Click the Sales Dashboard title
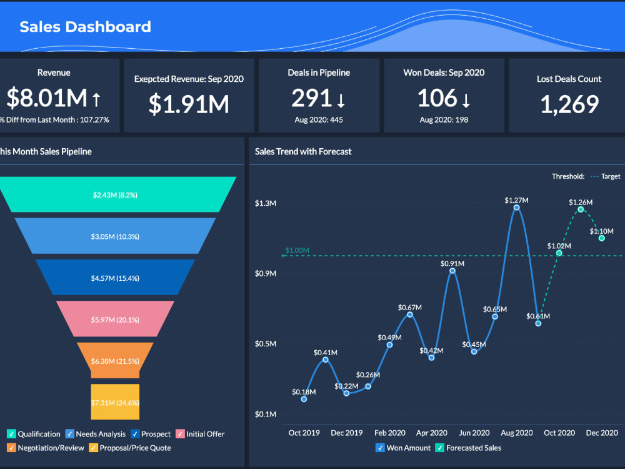click(85, 27)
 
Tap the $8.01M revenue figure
click(47, 98)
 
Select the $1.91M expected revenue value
click(189, 104)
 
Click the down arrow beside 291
click(341, 99)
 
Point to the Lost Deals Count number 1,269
click(569, 104)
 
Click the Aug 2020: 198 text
click(444, 119)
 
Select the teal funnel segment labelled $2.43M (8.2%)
click(116, 194)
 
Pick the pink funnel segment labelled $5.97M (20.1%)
click(115, 319)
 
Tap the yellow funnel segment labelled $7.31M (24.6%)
click(115, 402)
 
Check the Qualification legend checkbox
click(11, 434)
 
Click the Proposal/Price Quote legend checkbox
click(93, 448)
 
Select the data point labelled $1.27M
click(517, 208)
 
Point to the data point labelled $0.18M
click(304, 399)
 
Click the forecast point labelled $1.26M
click(581, 209)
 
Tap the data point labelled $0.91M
click(452, 271)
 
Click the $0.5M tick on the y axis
click(266, 344)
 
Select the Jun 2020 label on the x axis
click(474, 433)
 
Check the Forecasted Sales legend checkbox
click(439, 448)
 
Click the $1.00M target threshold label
click(297, 251)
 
